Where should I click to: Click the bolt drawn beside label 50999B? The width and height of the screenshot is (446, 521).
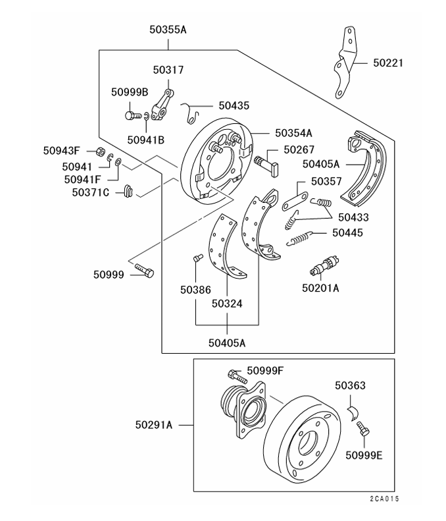[131, 115]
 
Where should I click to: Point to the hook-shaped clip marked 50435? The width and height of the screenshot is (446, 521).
[191, 113]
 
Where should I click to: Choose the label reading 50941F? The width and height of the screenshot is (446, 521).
[82, 178]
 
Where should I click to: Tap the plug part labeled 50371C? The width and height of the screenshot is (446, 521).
[128, 192]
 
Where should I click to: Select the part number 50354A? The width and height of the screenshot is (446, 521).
[294, 132]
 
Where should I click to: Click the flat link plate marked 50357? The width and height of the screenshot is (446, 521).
[295, 200]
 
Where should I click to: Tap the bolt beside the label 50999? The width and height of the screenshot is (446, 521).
[144, 271]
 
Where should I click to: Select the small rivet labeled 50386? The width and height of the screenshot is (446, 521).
[196, 258]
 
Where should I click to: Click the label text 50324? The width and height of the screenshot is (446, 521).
[227, 303]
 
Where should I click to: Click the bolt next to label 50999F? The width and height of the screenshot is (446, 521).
[235, 375]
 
